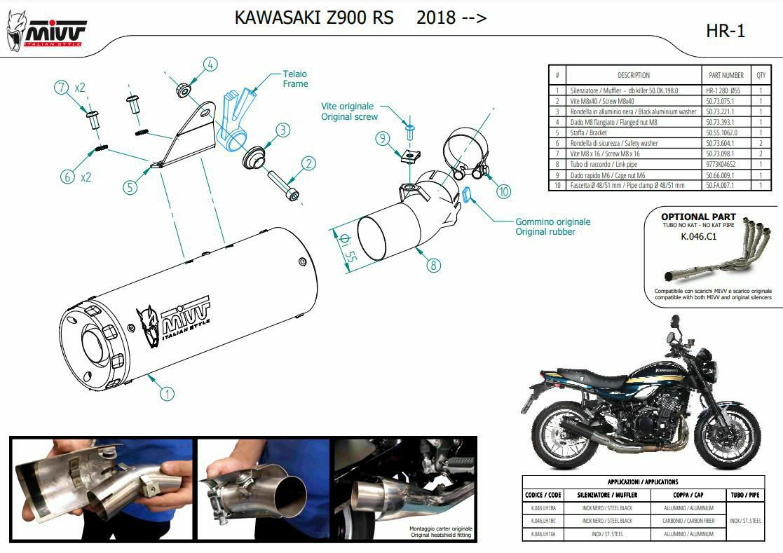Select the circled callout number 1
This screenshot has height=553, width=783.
166,393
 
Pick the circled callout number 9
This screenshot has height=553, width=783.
382,139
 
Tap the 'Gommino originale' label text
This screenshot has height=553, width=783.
552,221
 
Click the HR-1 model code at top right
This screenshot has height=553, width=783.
726,31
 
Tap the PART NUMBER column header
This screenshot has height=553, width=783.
726,75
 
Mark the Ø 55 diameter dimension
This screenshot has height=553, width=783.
346,248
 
